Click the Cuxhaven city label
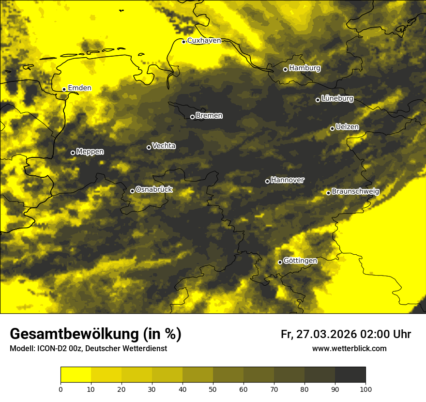204,41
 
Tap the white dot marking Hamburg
285,69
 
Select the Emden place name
79,88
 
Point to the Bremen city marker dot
192,117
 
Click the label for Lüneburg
337,99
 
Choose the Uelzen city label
347,127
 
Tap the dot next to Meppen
73,153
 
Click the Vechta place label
164,146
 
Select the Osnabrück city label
154,190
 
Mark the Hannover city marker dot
267,181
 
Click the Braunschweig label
355,192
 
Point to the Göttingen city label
300,261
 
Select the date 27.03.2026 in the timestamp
325,334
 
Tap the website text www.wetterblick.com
349,349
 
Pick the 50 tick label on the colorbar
213,389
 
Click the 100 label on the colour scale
365,389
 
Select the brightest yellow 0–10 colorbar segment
76,375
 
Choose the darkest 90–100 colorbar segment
350,375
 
